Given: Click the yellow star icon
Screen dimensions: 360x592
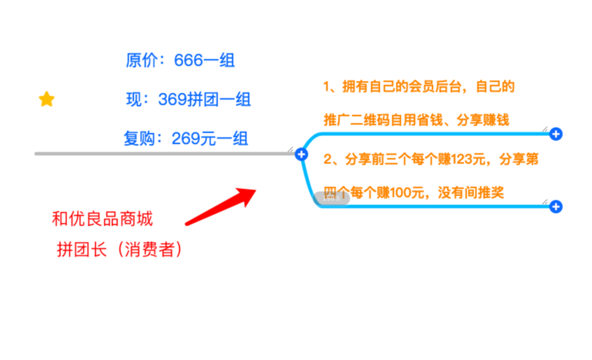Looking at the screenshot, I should (x=47, y=99).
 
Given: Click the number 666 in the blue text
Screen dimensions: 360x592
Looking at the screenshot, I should (x=189, y=60).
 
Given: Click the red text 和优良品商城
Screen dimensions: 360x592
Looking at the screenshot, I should (x=102, y=219).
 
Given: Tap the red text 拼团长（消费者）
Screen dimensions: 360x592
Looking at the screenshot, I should (x=119, y=250).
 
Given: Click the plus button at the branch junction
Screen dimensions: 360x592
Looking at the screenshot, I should (x=301, y=154).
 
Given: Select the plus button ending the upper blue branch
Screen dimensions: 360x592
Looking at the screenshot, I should (x=556, y=134).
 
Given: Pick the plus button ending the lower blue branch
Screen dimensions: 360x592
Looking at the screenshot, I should (x=556, y=207).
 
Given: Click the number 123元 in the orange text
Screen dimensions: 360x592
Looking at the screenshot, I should (x=471, y=159).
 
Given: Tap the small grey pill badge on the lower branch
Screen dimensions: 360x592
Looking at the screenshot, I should (x=332, y=199).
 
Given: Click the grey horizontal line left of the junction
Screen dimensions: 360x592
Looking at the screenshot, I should (x=164, y=154).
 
